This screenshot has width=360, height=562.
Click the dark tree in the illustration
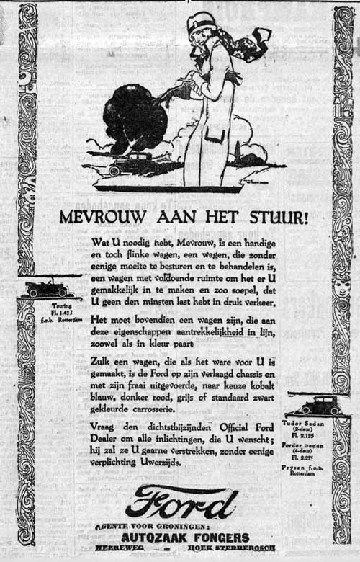click(x=135, y=119)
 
